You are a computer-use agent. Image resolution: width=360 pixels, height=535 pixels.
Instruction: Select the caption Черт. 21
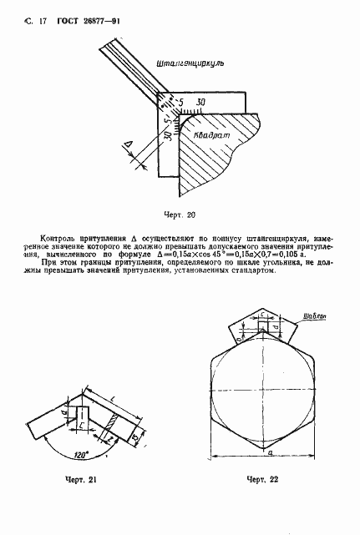[x=81, y=481]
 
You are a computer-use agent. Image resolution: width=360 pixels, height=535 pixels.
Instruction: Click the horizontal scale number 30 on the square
[x=200, y=103]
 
